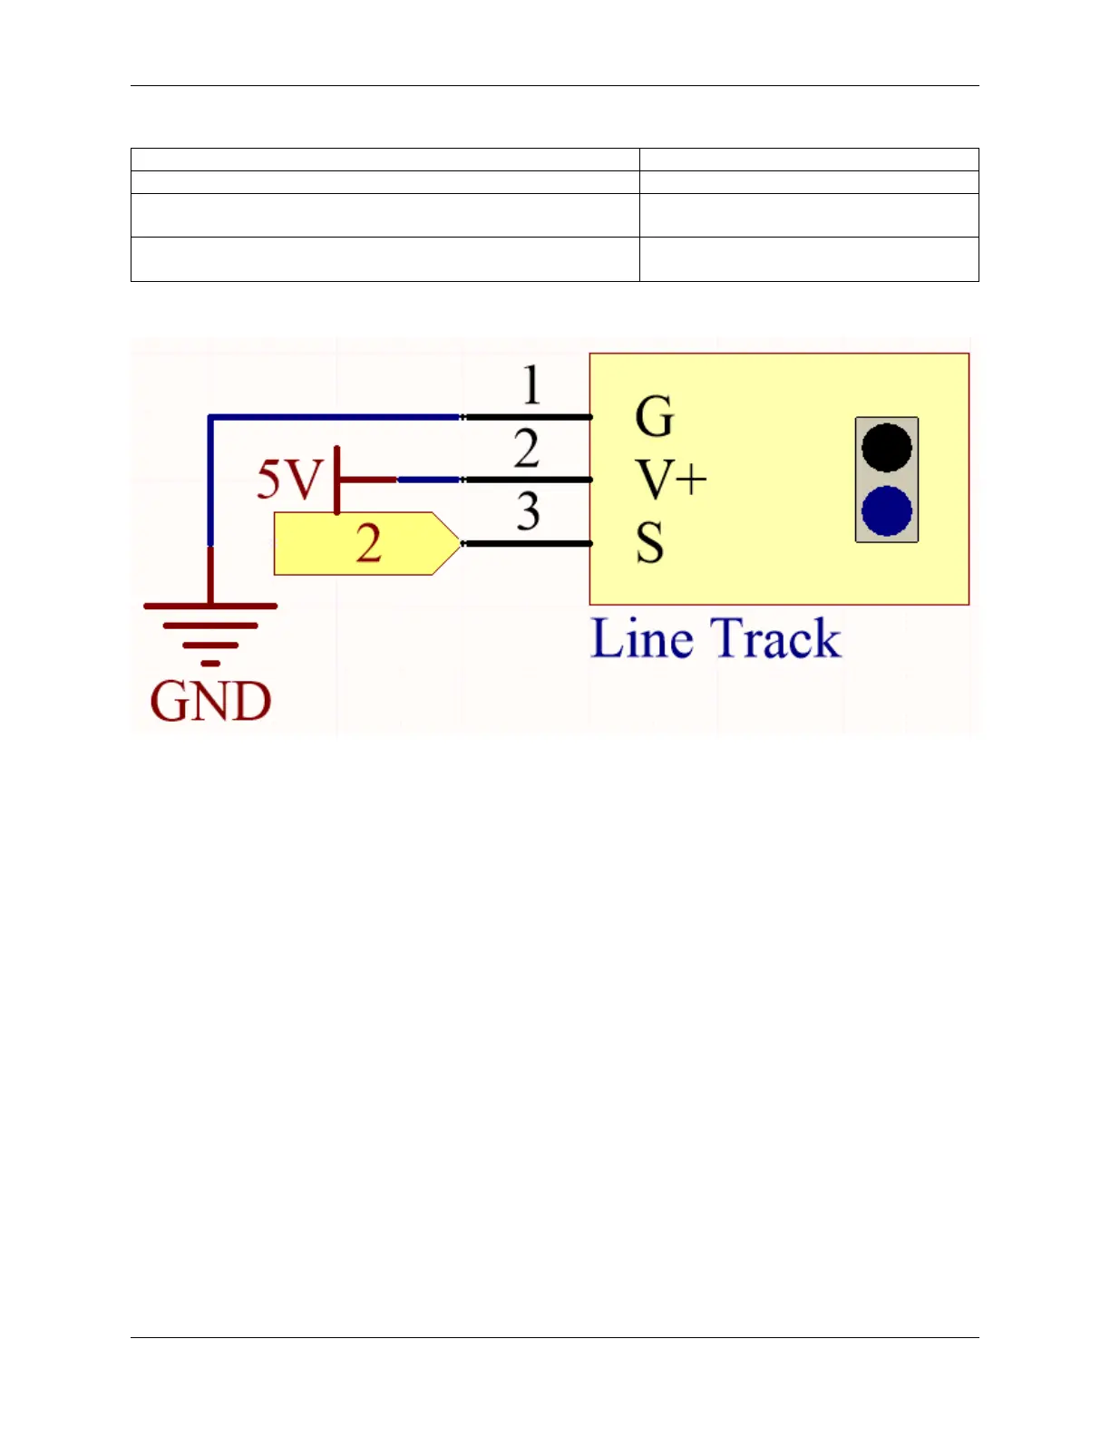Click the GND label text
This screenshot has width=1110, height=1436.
pos(210,702)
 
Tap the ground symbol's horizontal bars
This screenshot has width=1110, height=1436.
pos(210,625)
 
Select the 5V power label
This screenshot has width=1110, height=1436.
pos(288,479)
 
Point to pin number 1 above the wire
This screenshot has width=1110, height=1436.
pos(531,384)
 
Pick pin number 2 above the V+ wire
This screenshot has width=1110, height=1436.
pos(527,449)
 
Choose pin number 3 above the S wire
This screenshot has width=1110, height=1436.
pos(529,511)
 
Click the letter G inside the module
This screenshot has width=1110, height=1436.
pos(654,417)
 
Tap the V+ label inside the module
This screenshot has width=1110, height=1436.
pos(670,479)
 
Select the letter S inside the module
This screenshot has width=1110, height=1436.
pos(649,544)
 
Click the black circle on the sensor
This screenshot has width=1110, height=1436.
pos(886,447)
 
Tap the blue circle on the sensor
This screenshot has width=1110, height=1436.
pos(886,510)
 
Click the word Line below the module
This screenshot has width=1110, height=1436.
pos(641,638)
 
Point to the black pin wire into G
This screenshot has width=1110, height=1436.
pos(528,417)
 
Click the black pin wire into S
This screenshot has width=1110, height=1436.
pos(528,543)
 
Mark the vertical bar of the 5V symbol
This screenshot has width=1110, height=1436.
pos(337,480)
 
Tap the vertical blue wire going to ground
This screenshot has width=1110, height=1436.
pos(210,480)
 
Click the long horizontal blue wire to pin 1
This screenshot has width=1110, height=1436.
pos(336,417)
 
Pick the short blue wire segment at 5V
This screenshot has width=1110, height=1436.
pos(428,480)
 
